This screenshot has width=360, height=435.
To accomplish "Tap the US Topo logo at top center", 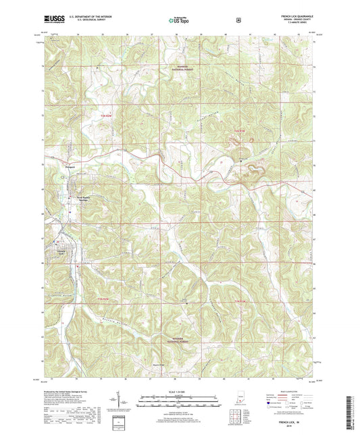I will (179, 21).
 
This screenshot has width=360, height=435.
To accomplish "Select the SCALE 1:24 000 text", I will (179, 391).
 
